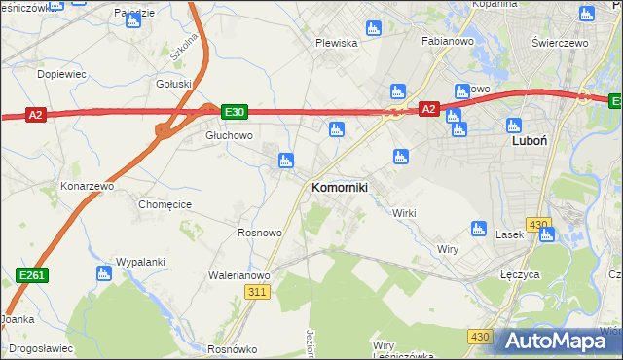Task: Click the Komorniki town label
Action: click(339, 187)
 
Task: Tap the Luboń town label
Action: click(529, 140)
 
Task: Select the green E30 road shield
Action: click(234, 113)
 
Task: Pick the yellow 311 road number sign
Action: click(257, 292)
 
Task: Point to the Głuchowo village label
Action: click(229, 136)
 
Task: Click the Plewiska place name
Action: click(337, 43)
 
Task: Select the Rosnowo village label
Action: click(260, 234)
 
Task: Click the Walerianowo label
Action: click(238, 275)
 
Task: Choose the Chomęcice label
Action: click(165, 204)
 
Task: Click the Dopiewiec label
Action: click(61, 73)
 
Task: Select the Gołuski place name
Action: click(174, 84)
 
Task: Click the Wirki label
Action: click(404, 213)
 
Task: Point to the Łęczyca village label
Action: click(520, 274)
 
